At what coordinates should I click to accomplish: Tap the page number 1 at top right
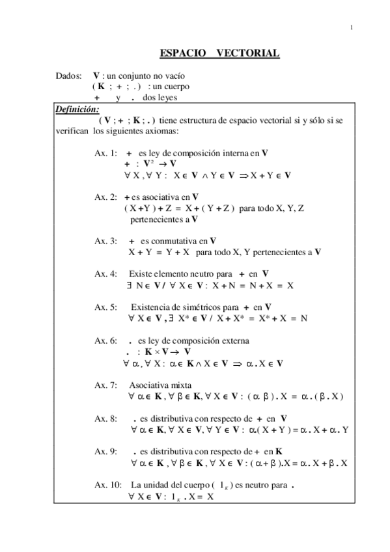click(352, 27)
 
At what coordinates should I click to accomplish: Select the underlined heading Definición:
click(77, 109)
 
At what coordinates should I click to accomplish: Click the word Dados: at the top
click(69, 76)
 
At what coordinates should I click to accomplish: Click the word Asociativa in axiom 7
click(147, 385)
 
